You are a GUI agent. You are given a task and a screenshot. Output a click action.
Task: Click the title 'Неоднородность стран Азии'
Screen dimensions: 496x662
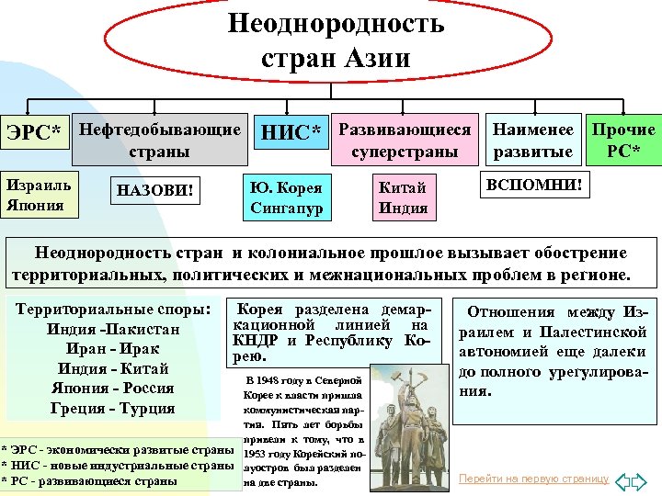336,41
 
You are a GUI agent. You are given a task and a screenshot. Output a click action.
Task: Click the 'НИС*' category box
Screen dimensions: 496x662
291,136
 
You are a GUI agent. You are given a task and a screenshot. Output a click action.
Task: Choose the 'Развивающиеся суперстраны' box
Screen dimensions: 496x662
405,140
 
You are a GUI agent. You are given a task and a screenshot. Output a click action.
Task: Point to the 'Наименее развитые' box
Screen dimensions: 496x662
533,140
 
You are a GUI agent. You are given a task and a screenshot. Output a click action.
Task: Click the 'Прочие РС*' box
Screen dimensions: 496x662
624,140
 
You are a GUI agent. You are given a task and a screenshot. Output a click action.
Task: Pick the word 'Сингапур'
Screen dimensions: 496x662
286,208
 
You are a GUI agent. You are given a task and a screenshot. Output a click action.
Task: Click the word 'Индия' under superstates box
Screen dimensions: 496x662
403,208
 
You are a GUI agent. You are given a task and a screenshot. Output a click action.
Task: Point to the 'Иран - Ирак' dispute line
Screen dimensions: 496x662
113,349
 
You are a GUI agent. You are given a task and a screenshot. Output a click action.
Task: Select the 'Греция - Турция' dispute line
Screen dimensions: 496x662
113,408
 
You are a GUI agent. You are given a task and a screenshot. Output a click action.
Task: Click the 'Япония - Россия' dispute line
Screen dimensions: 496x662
113,389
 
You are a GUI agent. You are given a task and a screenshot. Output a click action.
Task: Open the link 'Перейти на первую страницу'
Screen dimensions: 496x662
533,479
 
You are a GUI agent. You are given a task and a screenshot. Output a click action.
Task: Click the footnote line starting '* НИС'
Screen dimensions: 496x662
118,466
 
